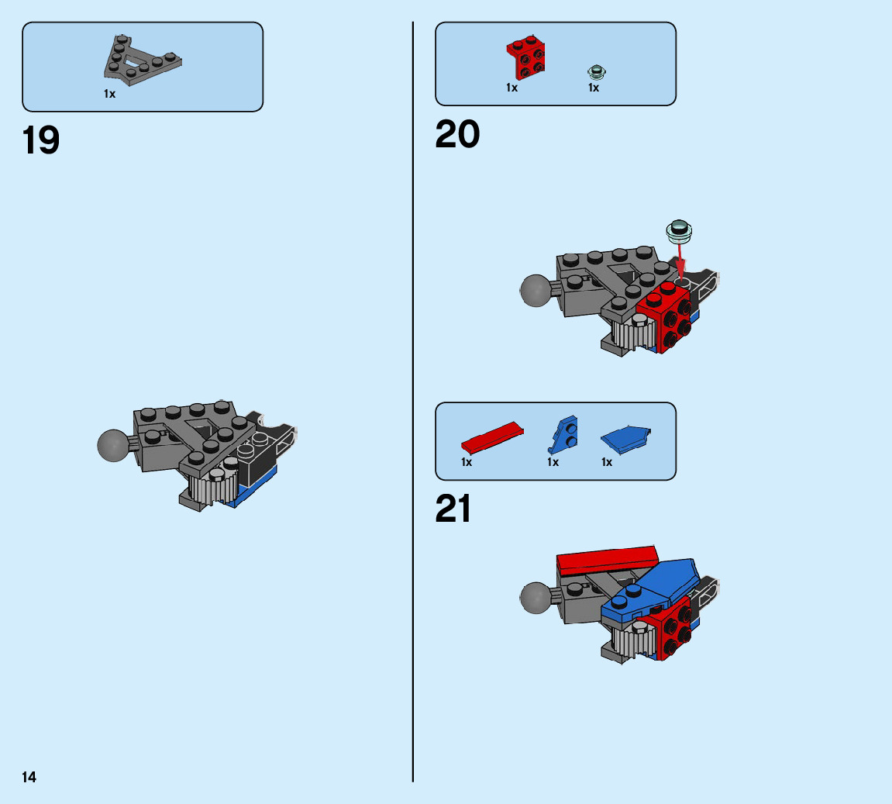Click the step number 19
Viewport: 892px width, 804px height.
click(x=41, y=141)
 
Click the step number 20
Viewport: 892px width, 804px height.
click(x=457, y=135)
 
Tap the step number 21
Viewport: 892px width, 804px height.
click(x=453, y=509)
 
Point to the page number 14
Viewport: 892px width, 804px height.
click(x=29, y=777)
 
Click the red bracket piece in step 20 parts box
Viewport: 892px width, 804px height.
click(x=527, y=57)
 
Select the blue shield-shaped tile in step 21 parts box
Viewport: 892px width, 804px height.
click(x=625, y=439)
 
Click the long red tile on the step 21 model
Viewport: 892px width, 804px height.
click(x=607, y=559)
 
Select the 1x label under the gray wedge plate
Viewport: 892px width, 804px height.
click(x=110, y=94)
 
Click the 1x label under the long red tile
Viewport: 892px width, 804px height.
click(x=467, y=462)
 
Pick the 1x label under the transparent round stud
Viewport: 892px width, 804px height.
click(x=594, y=88)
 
